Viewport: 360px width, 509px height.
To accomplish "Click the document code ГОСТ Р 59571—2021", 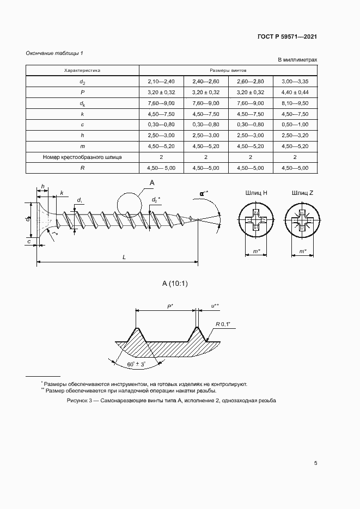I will pos(287,37).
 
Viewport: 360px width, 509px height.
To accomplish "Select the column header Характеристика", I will pos(82,71).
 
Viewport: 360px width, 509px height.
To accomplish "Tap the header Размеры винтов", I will pos(228,71).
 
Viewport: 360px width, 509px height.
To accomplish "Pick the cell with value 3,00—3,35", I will pos(295,82).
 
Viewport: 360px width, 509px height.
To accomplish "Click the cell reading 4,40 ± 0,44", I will pos(295,93).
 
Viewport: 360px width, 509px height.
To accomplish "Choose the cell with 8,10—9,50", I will pos(295,103).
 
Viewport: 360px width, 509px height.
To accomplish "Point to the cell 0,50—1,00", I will pos(295,125).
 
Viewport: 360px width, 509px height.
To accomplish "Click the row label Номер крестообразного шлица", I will pos(82,157).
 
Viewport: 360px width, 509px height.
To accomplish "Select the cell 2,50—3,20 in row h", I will pos(295,136).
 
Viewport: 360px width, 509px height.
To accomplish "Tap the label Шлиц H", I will pos(257,193).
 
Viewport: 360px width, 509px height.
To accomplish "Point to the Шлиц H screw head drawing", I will pos(257,222).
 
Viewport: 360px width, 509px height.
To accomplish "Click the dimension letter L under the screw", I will pos(124,257).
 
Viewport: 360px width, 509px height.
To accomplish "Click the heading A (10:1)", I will pos(174,283).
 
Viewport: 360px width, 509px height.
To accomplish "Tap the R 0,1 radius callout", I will pos(223,324).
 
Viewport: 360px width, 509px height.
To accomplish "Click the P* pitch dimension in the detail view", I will pos(169,306).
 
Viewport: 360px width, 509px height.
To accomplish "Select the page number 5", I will pos(316,464).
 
